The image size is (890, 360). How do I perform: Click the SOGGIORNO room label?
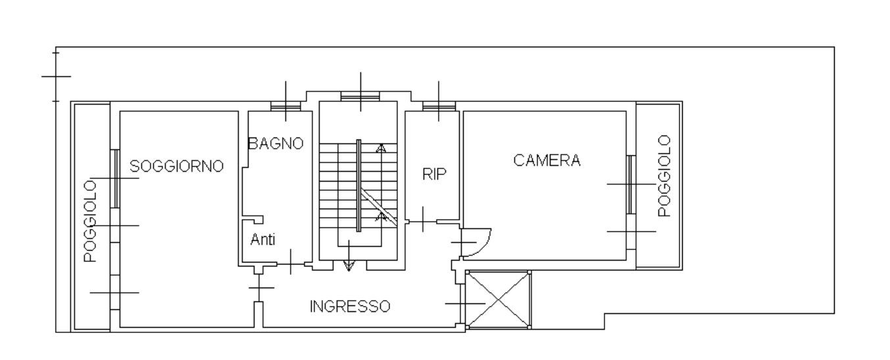click(177, 167)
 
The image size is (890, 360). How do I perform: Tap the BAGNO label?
click(276, 143)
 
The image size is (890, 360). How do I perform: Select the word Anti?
click(262, 240)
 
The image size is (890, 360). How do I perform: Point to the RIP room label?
click(434, 174)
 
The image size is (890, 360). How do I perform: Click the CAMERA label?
click(547, 161)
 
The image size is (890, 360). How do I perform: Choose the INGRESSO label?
click(350, 307)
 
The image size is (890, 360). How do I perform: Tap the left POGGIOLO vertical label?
click(91, 221)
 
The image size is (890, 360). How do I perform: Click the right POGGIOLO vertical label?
click(664, 176)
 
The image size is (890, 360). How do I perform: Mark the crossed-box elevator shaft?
click(498, 299)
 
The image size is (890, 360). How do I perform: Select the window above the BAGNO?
click(286, 105)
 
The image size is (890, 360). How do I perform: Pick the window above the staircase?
click(360, 97)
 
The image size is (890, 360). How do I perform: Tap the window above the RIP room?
click(439, 105)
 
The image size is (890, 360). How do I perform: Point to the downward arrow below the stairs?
click(349, 264)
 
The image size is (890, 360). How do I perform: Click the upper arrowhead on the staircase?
click(380, 148)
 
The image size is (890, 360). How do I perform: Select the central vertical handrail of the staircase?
click(358, 185)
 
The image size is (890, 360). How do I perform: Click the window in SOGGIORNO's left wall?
click(114, 178)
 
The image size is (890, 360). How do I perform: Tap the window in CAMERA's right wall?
click(630, 184)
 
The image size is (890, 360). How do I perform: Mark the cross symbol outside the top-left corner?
click(56, 76)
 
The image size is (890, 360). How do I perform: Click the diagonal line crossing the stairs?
click(378, 208)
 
